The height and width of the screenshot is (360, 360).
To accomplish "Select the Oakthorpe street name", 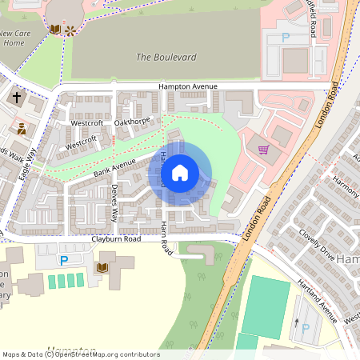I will coord(132,122).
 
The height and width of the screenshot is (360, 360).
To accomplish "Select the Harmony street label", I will coord(346,189).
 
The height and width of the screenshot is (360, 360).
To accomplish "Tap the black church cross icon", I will coord(17,98).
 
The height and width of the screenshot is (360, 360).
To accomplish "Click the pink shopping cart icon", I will coord(263,149).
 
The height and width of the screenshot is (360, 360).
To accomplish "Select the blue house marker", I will coord(180,173).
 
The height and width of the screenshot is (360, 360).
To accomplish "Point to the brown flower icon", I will coord(70,30).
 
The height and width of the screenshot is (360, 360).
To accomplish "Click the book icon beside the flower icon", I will coord(54,30).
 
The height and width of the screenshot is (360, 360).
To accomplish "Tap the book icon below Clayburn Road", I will coord(102,266).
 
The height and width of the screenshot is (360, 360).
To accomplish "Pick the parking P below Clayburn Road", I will coord(63,260).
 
